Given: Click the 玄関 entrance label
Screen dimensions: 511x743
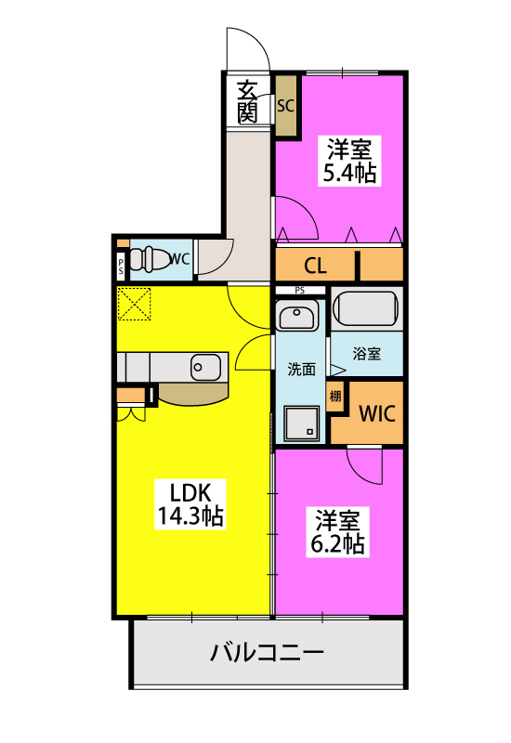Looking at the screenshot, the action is [x=247, y=102].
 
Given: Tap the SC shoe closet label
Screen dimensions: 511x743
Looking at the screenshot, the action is [x=286, y=106].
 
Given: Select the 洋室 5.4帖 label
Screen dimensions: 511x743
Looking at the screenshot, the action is [x=349, y=161].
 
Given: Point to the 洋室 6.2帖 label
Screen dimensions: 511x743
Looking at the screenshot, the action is [x=337, y=531].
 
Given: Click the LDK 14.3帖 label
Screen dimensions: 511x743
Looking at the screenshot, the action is [x=190, y=504].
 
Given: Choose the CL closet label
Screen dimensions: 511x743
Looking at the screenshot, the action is [x=315, y=266].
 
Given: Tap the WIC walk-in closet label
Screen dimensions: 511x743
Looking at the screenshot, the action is [x=377, y=413].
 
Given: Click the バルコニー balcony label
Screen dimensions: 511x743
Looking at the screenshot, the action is [x=267, y=653].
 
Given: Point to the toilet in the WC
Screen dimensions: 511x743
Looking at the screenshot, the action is [x=149, y=259].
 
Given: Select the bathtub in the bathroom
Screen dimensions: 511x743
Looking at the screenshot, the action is [x=365, y=308].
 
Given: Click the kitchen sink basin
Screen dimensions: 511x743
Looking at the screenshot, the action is [x=205, y=367].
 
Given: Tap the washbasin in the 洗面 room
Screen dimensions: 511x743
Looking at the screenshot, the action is [x=296, y=316].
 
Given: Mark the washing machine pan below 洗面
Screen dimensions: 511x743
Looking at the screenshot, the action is [x=301, y=423].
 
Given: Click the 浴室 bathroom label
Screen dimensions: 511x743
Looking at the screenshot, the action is [x=366, y=354].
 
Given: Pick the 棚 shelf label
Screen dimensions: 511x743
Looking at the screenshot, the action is [x=335, y=396].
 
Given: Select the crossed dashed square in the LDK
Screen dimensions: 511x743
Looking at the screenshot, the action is [x=134, y=304].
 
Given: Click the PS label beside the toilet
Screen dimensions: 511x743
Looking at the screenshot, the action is [x=122, y=267].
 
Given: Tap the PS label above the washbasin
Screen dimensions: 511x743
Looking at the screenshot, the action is [x=299, y=291].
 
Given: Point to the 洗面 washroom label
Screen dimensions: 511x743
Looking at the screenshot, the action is [x=301, y=369].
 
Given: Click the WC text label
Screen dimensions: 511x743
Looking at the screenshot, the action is [x=179, y=259].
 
